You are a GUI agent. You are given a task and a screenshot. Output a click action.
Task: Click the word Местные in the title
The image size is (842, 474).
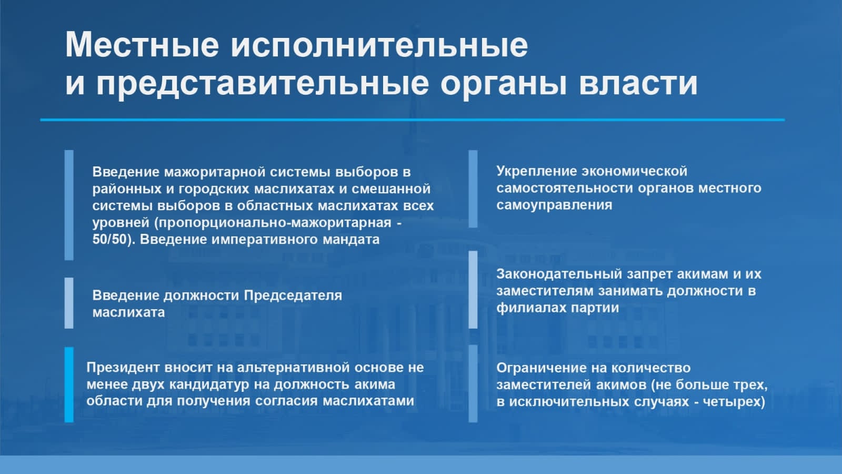pyautogui.click(x=142, y=45)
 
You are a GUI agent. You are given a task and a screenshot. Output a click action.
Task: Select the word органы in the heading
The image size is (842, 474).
pyautogui.click(x=503, y=84)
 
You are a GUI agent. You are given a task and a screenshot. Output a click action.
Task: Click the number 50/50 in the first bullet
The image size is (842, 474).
pyautogui.click(x=110, y=239)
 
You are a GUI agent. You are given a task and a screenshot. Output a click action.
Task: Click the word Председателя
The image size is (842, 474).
pyautogui.click(x=293, y=295)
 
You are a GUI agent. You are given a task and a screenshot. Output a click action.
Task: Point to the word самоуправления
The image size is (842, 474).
pyautogui.click(x=554, y=205)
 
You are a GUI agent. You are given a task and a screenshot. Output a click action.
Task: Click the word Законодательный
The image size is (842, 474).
pyautogui.click(x=559, y=274)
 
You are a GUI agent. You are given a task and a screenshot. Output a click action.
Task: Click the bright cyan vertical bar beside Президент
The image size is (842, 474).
pyautogui.click(x=69, y=384)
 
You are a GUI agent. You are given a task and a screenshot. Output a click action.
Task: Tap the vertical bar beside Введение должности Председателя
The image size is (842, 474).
pyautogui.click(x=69, y=303)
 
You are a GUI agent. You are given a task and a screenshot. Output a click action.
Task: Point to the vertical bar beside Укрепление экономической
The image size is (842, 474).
pyautogui.click(x=473, y=189)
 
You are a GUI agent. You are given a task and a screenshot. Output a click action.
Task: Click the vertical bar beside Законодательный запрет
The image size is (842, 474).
pyautogui.click(x=473, y=290)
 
